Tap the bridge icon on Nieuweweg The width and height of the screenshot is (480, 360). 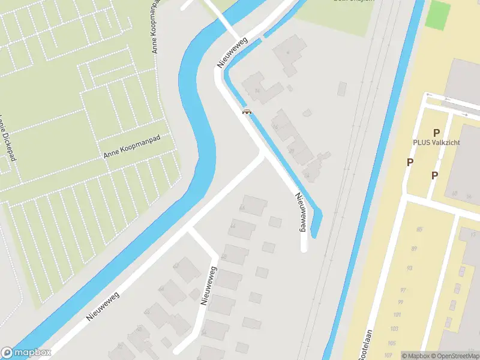click(x=246, y=111)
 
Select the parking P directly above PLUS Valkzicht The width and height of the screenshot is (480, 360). click(x=436, y=133)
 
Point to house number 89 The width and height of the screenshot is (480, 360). click(x=413, y=249)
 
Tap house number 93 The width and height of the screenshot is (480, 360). click(x=409, y=268)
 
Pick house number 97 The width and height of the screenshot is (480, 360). click(x=403, y=290)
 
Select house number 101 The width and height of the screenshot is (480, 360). click(x=397, y=315)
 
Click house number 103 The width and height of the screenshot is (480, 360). click(x=394, y=329)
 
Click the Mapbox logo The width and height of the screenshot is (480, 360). click(x=26, y=353)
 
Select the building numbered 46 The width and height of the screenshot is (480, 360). click(x=242, y=208)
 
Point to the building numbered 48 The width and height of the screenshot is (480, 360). click(x=224, y=256)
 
